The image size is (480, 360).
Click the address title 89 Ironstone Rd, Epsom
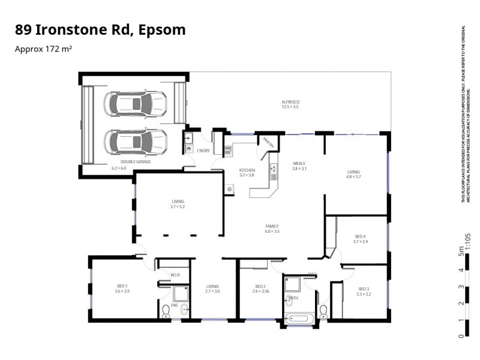(100, 29)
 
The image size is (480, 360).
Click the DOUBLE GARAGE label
(136, 162)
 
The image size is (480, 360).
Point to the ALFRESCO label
(290, 102)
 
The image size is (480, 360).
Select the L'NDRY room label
(203, 151)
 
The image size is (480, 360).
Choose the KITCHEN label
(230, 170)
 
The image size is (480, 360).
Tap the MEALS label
(299, 163)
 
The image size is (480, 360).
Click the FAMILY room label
(272, 226)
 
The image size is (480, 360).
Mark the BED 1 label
(122, 286)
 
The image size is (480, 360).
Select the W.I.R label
(175, 275)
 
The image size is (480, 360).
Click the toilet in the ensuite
(166, 311)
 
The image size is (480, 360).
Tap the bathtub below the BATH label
(298, 318)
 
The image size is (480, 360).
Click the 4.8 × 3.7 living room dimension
(353, 177)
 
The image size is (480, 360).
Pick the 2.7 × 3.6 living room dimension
(212, 291)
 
